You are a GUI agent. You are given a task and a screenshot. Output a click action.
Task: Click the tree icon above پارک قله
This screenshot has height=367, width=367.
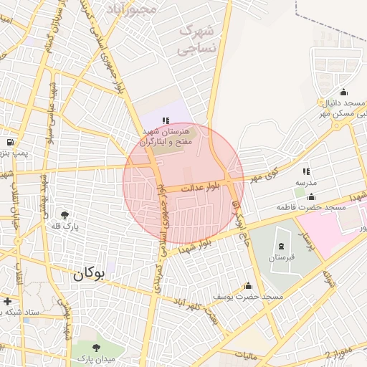coord(65,214)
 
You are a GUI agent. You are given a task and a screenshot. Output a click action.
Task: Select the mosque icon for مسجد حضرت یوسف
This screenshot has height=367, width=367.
coord(249,285)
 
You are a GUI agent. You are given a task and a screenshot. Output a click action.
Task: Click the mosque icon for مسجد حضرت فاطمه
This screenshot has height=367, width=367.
coord(310,196)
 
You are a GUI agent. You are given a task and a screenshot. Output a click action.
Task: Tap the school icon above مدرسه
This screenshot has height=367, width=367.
coord(306,171)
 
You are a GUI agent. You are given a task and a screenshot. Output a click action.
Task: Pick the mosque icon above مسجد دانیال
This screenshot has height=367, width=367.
coord(343,92)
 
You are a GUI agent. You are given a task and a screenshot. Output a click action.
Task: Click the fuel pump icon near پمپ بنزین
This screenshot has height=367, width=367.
coord(9,142)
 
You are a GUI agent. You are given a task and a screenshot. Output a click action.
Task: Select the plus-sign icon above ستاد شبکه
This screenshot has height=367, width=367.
coord(8,301)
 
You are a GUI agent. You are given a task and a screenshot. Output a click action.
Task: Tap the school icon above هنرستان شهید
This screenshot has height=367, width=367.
coord(166,120)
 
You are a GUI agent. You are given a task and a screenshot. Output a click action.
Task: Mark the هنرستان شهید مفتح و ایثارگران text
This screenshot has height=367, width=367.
coord(166,138)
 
